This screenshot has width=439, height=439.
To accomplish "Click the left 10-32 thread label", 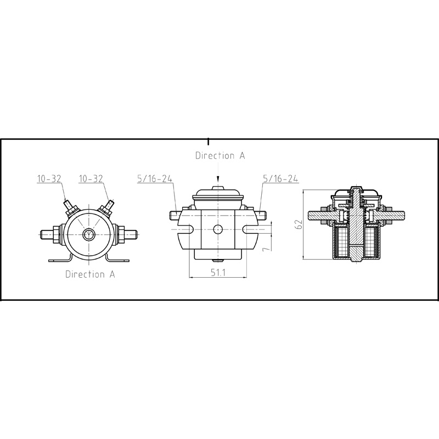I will pyautogui.click(x=49, y=179).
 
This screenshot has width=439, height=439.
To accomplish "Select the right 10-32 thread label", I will pyautogui.click(x=92, y=179).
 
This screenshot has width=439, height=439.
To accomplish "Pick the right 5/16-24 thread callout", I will pyautogui.click(x=281, y=179).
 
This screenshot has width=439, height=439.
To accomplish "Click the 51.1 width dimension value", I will pyautogui.click(x=218, y=273).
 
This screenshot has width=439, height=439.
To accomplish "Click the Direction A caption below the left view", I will pyautogui.click(x=90, y=274).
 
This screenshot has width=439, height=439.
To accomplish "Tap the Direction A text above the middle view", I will pyautogui.click(x=220, y=155).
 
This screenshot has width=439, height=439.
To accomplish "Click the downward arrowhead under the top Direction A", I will pyautogui.click(x=218, y=181).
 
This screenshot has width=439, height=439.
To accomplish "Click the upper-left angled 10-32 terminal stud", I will pyautogui.click(x=69, y=207).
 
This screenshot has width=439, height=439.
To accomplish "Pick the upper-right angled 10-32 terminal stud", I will pyautogui.click(x=106, y=207).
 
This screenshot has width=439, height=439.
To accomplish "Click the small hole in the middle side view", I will pyautogui.click(x=218, y=229).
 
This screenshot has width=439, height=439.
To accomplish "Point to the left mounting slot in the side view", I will pyautogui.click(x=186, y=229).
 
